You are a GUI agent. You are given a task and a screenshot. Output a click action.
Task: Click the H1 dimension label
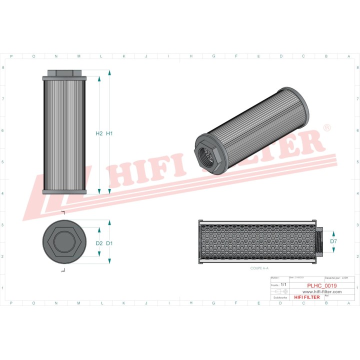(110, 133)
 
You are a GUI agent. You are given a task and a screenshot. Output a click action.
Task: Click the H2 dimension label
(99, 133)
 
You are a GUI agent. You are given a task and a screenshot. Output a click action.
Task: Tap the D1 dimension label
(110, 243)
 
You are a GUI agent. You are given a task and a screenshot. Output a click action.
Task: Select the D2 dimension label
(99, 243)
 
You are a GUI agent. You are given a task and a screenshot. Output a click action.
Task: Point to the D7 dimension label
(333, 241)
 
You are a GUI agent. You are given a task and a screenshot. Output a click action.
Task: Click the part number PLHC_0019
(321, 285)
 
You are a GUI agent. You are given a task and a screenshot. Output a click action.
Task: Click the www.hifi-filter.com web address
(322, 291)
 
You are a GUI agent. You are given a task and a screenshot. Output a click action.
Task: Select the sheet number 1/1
(283, 284)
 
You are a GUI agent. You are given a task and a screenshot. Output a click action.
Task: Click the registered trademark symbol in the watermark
(327, 128)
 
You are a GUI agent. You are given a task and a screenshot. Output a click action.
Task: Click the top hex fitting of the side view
(64, 73)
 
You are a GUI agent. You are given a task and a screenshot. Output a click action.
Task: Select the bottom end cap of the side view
(64, 192)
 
